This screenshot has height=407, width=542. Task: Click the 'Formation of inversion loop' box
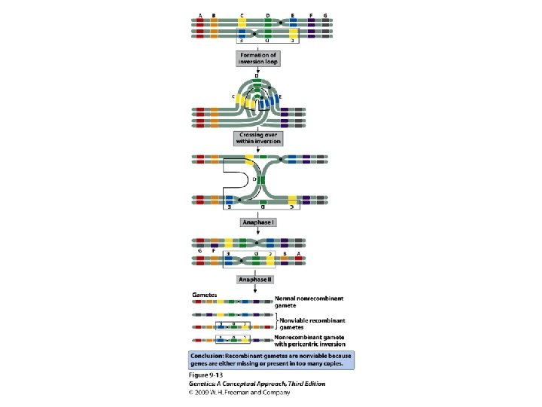coord(257,59)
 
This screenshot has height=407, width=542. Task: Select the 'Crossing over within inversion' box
coord(257,138)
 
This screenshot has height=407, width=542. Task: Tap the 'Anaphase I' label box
coord(257,222)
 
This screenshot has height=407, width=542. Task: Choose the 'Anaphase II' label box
coord(257,280)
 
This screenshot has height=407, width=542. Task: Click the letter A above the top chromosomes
coord(199,14)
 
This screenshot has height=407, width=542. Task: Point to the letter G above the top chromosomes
coord(325,14)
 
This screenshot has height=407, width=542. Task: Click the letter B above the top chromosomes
coord(214,14)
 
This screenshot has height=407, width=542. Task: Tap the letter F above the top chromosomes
coord(311,14)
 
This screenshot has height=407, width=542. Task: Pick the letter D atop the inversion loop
coord(257,77)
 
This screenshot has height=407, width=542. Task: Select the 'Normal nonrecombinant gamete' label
coord(301,301)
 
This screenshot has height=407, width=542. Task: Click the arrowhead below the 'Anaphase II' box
coord(257,289)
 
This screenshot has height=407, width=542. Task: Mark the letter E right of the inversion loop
coord(280,98)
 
